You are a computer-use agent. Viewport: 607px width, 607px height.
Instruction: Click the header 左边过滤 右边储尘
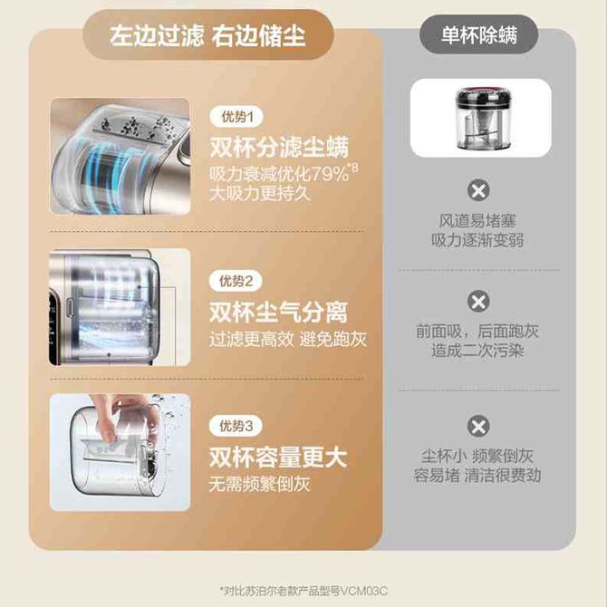[207, 36]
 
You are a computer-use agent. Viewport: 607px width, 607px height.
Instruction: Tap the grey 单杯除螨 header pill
[479, 35]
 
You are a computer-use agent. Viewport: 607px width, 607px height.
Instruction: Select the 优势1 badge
[236, 117]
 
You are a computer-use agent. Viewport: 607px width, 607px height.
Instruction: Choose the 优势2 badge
[236, 281]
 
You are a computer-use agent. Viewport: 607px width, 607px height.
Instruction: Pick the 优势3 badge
[236, 426]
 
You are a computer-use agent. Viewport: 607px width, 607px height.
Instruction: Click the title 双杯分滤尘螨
[279, 147]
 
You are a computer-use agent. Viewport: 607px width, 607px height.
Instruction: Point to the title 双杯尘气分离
[278, 312]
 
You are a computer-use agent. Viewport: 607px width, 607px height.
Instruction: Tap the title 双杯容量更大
[277, 458]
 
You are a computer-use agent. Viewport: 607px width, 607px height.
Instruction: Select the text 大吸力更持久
[260, 194]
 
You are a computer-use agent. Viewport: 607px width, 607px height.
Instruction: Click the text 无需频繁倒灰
[259, 485]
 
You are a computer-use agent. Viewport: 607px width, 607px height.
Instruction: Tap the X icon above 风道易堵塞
[478, 190]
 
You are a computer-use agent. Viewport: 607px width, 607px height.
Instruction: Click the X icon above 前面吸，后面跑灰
[478, 301]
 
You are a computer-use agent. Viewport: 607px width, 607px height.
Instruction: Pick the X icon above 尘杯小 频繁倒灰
[478, 426]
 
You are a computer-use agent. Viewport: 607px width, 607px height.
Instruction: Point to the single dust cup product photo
[481, 118]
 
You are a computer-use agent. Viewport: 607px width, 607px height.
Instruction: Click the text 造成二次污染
[477, 352]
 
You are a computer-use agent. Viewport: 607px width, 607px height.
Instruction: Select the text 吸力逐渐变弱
[477, 240]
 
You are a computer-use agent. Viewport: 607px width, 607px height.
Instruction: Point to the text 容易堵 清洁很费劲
[477, 476]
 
